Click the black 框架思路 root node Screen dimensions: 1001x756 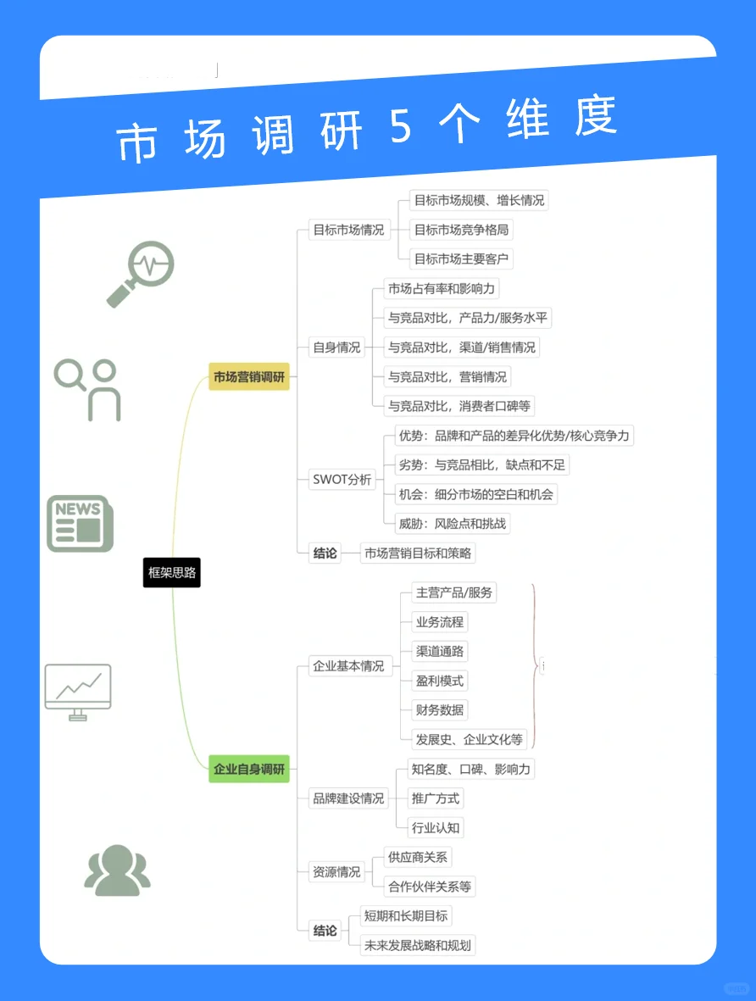pyautogui.click(x=172, y=573)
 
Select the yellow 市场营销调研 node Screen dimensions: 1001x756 pyautogui.click(x=249, y=377)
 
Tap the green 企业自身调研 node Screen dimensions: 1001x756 pyautogui.click(x=249, y=770)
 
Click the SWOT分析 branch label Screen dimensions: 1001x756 pyautogui.click(x=342, y=480)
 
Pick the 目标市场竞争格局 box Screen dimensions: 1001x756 pyautogui.click(x=461, y=230)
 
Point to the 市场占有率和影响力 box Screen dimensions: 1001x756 pyautogui.click(x=441, y=289)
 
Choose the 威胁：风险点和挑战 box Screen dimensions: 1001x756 pyautogui.click(x=453, y=524)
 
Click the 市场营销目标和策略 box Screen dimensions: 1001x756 pyautogui.click(x=417, y=553)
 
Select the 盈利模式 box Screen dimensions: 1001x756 pyautogui.click(x=439, y=681)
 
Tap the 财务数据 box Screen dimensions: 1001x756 pyautogui.click(x=439, y=710)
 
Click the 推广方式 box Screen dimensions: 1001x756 pyautogui.click(x=436, y=798)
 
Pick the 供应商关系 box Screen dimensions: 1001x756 pyautogui.click(x=417, y=857)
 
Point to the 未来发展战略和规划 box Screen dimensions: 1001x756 pyautogui.click(x=417, y=945)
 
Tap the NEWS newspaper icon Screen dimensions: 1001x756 pyautogui.click(x=79, y=524)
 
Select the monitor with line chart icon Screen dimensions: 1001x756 pyautogui.click(x=78, y=691)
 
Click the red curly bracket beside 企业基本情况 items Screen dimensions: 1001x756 pyautogui.click(x=534, y=665)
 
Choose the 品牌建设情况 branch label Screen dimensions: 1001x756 pyautogui.click(x=348, y=798)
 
